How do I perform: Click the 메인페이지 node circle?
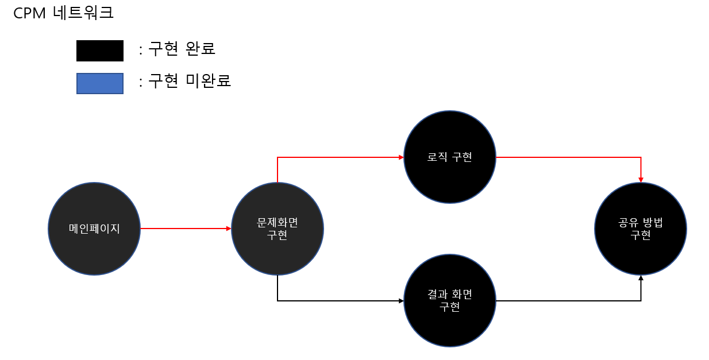[94, 229]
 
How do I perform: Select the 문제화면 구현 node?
[278, 229]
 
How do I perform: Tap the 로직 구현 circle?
[450, 157]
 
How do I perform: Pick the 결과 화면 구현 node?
[450, 300]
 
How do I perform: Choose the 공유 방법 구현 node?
[641, 229]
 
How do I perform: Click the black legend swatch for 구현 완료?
[100, 51]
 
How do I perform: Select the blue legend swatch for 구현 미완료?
[100, 83]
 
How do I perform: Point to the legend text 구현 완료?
[182, 49]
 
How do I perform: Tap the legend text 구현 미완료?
[190, 81]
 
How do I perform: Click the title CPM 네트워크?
[63, 13]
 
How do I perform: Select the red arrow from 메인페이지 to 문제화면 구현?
[184, 229]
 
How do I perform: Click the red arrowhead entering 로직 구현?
[401, 157]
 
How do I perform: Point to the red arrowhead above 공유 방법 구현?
[641, 180]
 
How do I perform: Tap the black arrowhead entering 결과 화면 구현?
[401, 300]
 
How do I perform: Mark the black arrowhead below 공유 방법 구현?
[641, 278]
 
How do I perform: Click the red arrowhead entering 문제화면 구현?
[229, 229]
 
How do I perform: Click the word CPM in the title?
[29, 13]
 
